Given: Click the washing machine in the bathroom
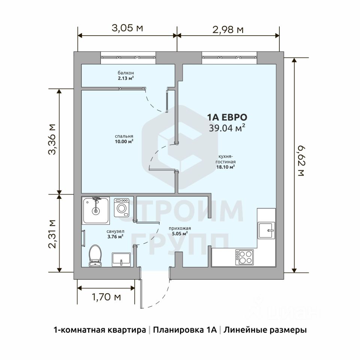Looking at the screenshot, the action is click(121, 207).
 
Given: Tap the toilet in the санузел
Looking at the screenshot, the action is click(95, 255).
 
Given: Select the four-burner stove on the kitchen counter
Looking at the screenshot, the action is click(244, 257).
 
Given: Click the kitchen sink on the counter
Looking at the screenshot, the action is click(266, 230).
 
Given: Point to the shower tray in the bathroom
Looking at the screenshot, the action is click(96, 210).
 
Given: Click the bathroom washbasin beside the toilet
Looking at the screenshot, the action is click(121, 259).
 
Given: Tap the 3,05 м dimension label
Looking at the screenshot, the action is click(127, 28).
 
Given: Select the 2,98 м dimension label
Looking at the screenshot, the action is click(228, 30).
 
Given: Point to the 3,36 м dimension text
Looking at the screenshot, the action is click(52, 139).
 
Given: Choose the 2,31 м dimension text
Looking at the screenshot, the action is click(52, 234).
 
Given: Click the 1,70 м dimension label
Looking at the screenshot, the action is click(106, 297).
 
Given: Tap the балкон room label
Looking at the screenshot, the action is click(126, 73).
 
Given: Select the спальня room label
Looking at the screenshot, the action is click(124, 136).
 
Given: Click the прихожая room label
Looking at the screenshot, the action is click(180, 228).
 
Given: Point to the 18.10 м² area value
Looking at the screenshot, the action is click(225, 167).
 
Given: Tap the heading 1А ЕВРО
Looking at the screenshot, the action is click(227, 117).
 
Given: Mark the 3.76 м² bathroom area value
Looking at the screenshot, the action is click(115, 237).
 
